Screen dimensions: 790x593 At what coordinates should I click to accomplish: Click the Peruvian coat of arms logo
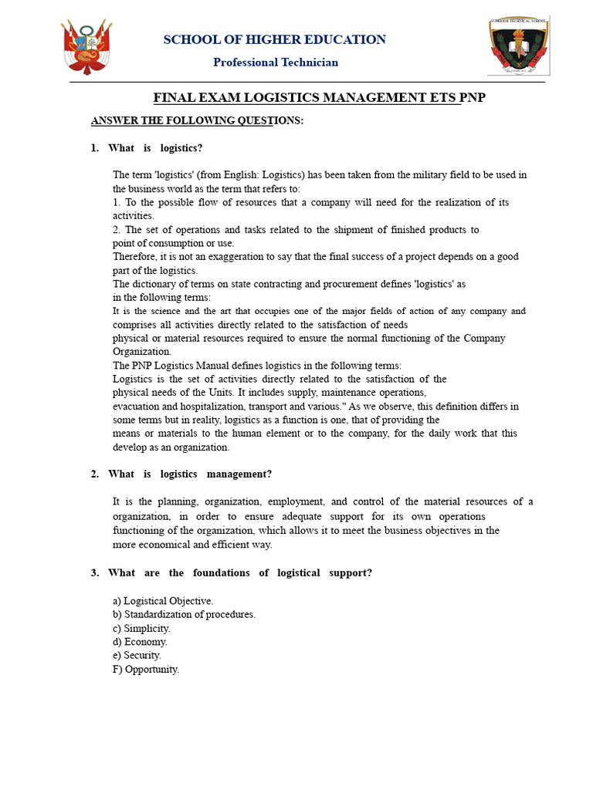point(86,47)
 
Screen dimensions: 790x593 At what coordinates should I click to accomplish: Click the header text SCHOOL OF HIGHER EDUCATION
point(274,39)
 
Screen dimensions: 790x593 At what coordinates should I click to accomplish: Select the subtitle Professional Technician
point(276,62)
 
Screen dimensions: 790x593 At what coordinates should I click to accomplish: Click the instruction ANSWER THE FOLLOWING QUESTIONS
point(198,121)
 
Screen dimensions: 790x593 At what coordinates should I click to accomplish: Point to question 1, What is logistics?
point(155,148)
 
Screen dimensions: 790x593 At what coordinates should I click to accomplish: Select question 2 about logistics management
point(190,474)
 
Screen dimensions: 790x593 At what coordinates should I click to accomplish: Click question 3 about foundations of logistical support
point(240,573)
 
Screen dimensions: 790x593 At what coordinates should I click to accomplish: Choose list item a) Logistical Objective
point(163,601)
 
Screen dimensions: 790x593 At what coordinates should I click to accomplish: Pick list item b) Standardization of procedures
point(184,615)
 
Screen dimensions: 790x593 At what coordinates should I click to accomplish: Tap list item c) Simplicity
point(141,629)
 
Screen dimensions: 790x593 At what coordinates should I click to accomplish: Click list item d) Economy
point(140,642)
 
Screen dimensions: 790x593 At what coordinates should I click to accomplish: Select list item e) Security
point(137,656)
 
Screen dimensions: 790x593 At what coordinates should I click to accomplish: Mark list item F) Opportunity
point(146,670)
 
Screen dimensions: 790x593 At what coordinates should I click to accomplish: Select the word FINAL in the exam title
point(174,98)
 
